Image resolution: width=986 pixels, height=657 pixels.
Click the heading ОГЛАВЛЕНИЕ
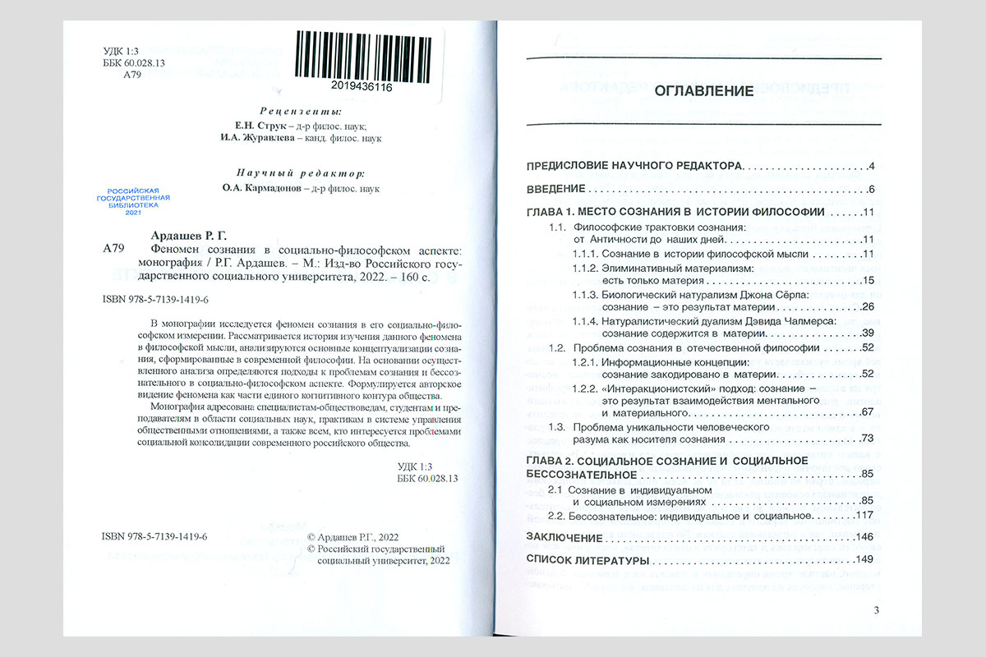click(704, 91)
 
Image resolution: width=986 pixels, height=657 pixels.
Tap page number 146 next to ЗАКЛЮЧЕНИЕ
click(864, 537)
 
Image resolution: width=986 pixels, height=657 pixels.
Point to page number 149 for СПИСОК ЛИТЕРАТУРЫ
click(864, 560)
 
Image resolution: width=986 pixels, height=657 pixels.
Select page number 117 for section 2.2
click(864, 516)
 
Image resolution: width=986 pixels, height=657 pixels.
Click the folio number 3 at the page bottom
click(876, 609)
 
